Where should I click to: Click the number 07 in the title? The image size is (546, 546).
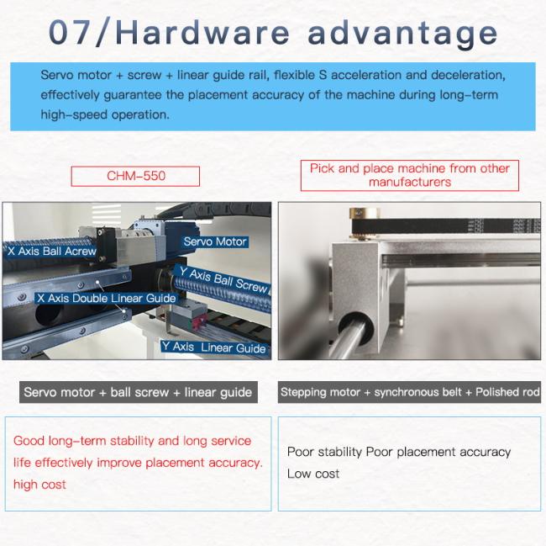(70, 32)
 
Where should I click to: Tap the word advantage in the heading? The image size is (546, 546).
(402, 34)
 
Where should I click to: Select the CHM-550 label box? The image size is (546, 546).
(135, 176)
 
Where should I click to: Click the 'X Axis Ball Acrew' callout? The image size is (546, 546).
(51, 251)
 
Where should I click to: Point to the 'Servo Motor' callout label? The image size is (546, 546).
(215, 241)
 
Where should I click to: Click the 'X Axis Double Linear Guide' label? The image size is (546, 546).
(106, 298)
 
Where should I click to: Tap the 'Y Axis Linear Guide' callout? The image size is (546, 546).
(213, 347)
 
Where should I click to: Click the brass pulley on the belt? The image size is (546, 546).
(364, 222)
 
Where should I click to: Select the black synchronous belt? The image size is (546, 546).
(446, 226)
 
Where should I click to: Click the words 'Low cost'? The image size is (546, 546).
(313, 474)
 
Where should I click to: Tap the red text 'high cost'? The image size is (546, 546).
(39, 485)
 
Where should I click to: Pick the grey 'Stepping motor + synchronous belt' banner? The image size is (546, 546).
(409, 392)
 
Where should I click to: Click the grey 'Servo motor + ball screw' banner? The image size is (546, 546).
(139, 392)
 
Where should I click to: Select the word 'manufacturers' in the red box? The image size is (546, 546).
(410, 183)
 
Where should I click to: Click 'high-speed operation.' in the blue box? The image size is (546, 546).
(105, 115)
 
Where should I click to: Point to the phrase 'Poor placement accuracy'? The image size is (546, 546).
(438, 453)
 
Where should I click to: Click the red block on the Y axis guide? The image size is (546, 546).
(200, 322)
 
